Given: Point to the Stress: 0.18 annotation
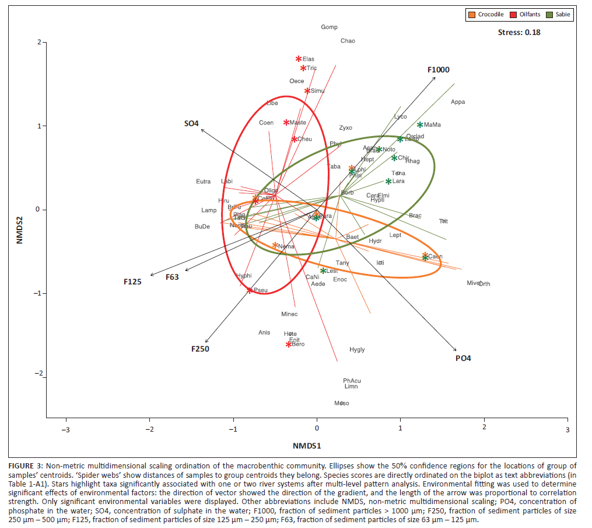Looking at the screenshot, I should tap(519, 32).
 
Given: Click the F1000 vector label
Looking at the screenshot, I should tap(438, 70).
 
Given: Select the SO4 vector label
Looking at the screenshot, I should tap(191, 123).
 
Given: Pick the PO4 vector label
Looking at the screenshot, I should tap(463, 358).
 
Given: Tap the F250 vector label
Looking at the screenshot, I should tap(200, 349).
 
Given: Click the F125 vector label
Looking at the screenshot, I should tap(132, 282).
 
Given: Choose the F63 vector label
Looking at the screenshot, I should tap(172, 277).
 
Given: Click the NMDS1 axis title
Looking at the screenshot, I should tap(307, 446).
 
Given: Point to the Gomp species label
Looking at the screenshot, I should tap(330, 27).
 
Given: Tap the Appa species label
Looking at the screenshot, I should tap(458, 102).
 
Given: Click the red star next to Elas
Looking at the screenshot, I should tap(299, 59).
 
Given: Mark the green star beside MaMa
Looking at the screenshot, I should tap(420, 124).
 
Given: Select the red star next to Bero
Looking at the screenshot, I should tap(288, 345).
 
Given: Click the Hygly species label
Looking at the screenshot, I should tap(357, 349).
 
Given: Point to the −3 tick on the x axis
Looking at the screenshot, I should tap(66, 429).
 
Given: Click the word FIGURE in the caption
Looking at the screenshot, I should tap(25, 465).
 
